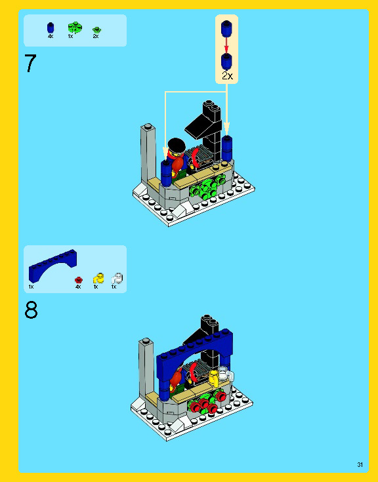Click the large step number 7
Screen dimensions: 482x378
(30, 64)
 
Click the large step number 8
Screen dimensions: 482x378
(31, 310)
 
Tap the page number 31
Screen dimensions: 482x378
(360, 464)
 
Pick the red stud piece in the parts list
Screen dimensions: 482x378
(78, 279)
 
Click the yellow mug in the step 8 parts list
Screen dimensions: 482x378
(97, 278)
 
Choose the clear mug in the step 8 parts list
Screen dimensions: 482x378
(116, 278)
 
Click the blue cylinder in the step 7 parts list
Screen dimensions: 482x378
(51, 28)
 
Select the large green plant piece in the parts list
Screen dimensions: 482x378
(73, 28)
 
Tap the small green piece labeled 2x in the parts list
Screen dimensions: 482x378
(96, 30)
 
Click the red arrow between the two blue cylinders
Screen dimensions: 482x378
(227, 45)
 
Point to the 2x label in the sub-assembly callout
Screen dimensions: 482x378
(227, 76)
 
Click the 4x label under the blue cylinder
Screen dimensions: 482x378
(51, 37)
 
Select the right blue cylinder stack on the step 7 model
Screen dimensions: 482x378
(227, 149)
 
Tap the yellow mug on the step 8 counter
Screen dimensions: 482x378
(213, 376)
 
